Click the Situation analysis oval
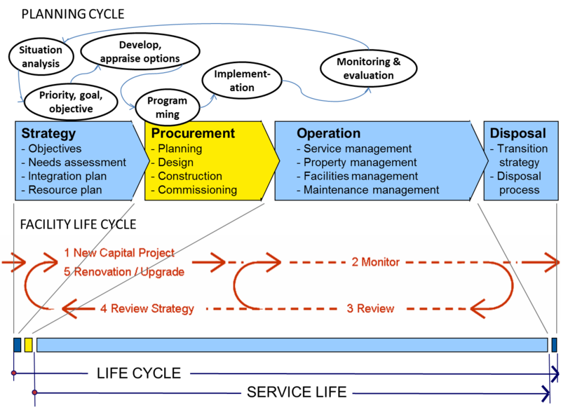click(40, 57)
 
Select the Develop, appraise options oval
click(139, 52)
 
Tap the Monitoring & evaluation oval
click(368, 68)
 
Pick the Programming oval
click(163, 107)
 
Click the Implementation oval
click(242, 81)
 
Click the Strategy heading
click(48, 134)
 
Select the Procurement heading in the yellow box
click(193, 134)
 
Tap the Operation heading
click(328, 134)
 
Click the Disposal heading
click(518, 134)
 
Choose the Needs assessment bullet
click(74, 163)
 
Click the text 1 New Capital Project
click(119, 252)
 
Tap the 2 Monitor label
click(375, 262)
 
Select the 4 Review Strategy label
click(147, 308)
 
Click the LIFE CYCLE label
click(139, 374)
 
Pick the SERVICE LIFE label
click(297, 392)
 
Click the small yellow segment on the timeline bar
click(28, 345)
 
